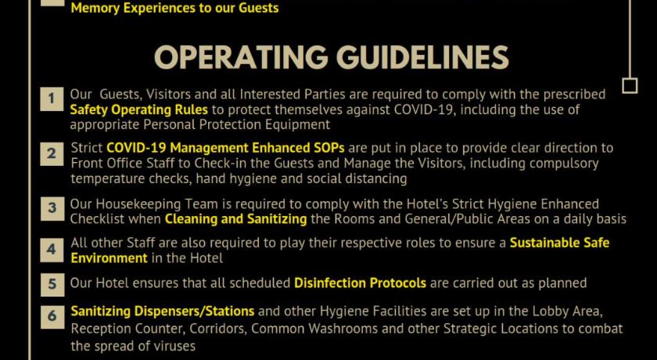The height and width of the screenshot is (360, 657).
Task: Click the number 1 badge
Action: [x=52, y=99]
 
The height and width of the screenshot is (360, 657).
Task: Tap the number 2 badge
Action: [x=52, y=154]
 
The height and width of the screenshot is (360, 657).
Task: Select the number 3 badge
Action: [x=52, y=208]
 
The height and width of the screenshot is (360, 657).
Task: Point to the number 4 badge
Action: [x=52, y=250]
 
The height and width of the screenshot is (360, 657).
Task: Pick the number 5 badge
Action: [x=52, y=285]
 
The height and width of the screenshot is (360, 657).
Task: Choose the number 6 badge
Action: [x=52, y=316]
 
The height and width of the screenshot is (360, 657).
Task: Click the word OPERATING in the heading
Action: [x=241, y=57]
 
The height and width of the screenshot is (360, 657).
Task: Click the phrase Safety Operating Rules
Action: [x=138, y=110]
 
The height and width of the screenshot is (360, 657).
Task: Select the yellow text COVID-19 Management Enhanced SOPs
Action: [x=225, y=148]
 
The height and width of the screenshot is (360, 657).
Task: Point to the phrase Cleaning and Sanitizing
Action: [x=236, y=219]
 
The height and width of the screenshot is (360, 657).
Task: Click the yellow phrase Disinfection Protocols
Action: [x=360, y=283]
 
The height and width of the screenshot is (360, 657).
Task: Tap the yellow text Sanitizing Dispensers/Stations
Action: [x=163, y=311]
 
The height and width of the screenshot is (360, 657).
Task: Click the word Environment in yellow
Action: [x=109, y=257]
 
